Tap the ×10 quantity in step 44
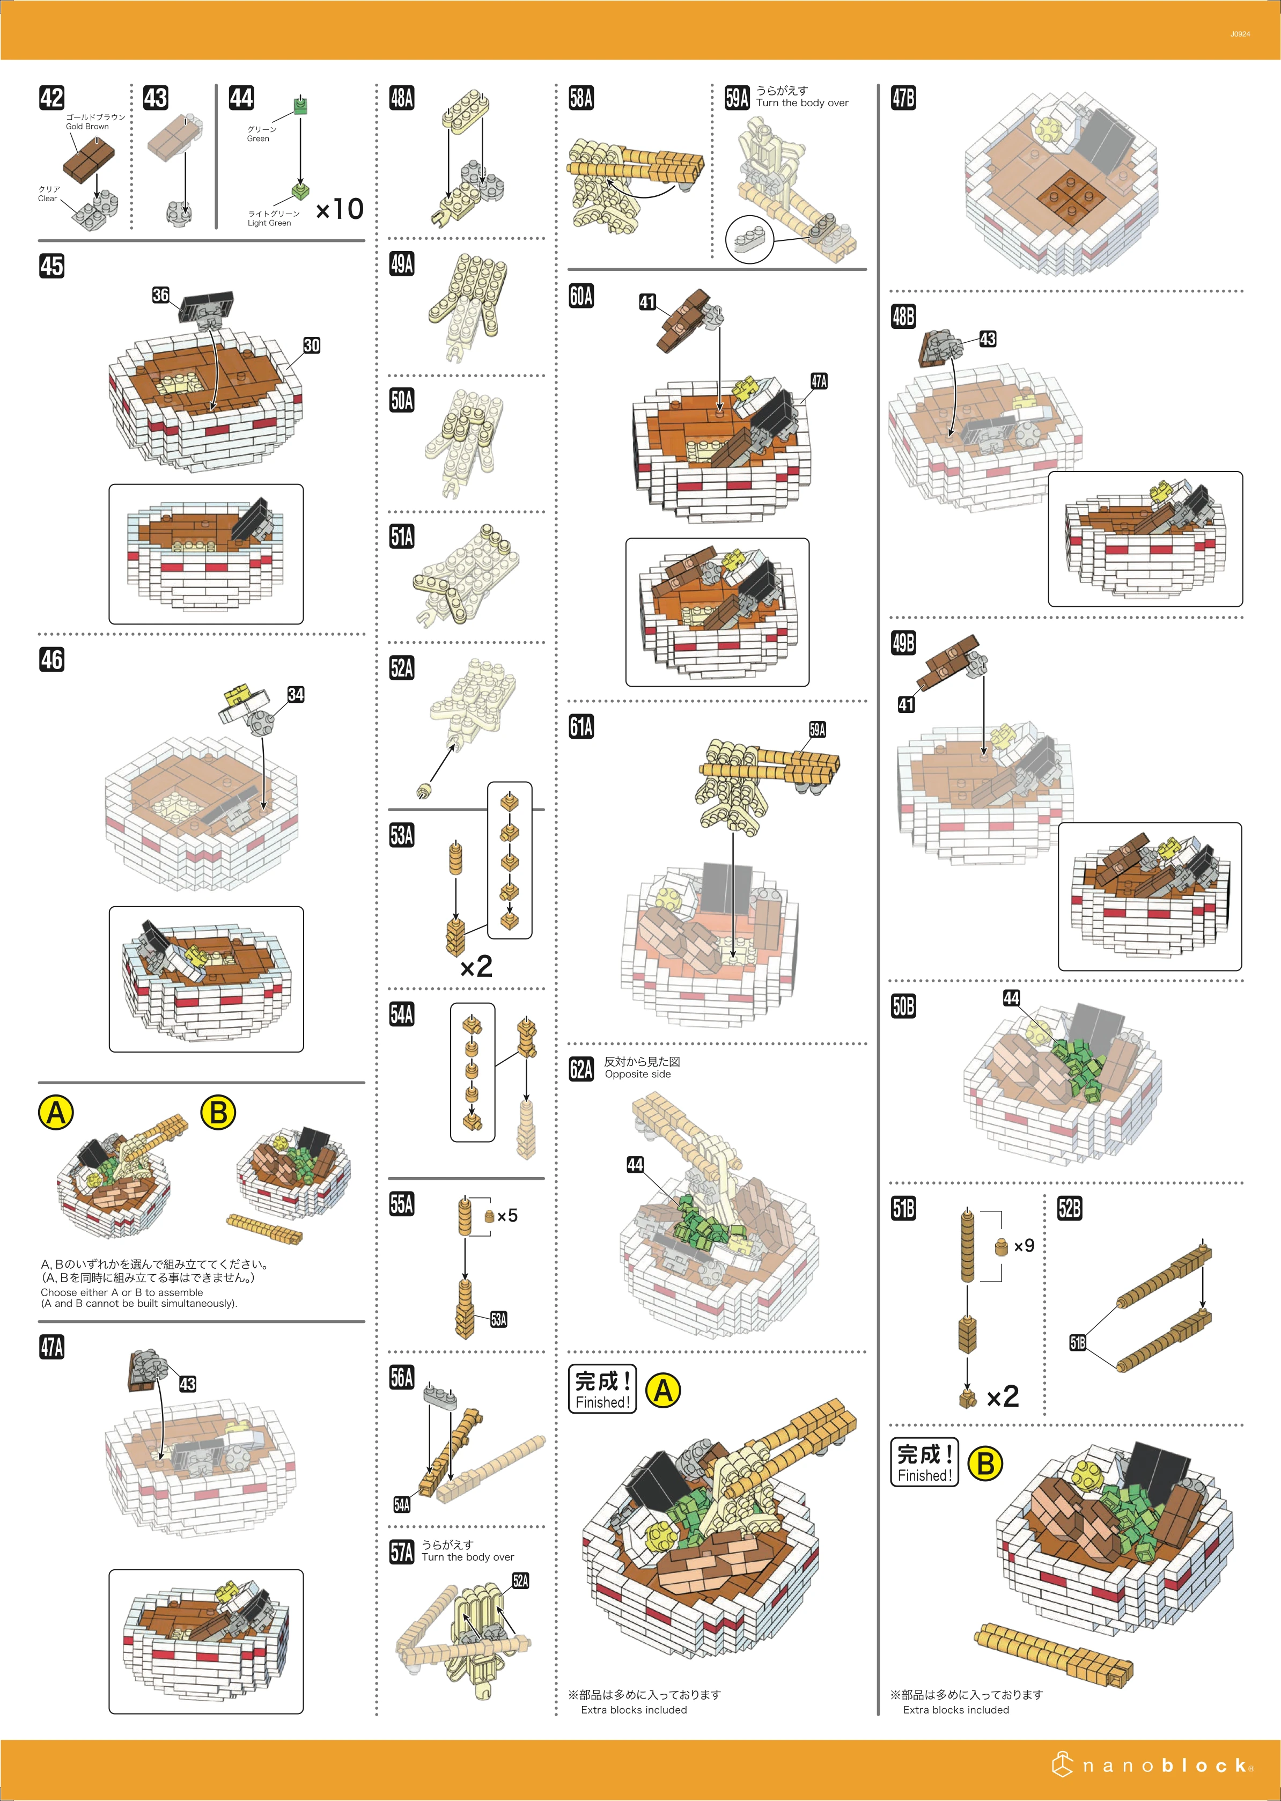coord(339,209)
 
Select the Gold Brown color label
coord(87,126)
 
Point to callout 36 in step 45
coord(161,295)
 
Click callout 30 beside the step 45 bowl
coord(312,346)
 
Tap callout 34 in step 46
coord(296,694)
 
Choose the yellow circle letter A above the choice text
coord(56,1113)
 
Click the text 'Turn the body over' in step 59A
coord(802,102)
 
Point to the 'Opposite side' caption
coord(637,1074)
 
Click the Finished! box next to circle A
coord(602,1389)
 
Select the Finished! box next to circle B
coord(924,1462)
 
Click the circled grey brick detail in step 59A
coord(750,239)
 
